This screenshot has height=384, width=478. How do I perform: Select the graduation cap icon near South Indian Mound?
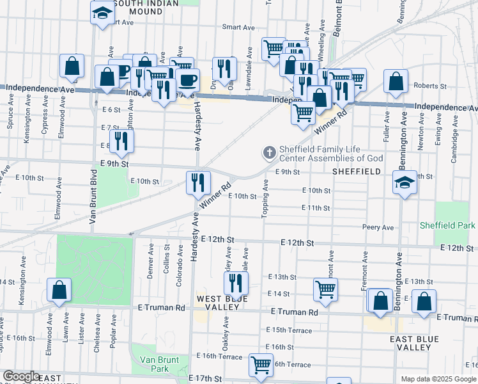pos(102,14)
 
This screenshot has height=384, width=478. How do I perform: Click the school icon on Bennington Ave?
pos(404,184)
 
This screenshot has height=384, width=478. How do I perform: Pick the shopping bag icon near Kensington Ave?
pos(59,290)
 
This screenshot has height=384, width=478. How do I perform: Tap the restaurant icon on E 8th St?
pos(121,141)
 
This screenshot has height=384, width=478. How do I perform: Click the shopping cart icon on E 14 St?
pos(325,289)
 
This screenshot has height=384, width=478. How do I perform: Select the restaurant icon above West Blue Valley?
pos(236,282)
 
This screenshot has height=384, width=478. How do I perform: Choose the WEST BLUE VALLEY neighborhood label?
pos(218,303)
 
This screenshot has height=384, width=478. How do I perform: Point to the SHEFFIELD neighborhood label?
pos(357,172)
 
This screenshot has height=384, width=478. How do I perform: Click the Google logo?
pos(21,376)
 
